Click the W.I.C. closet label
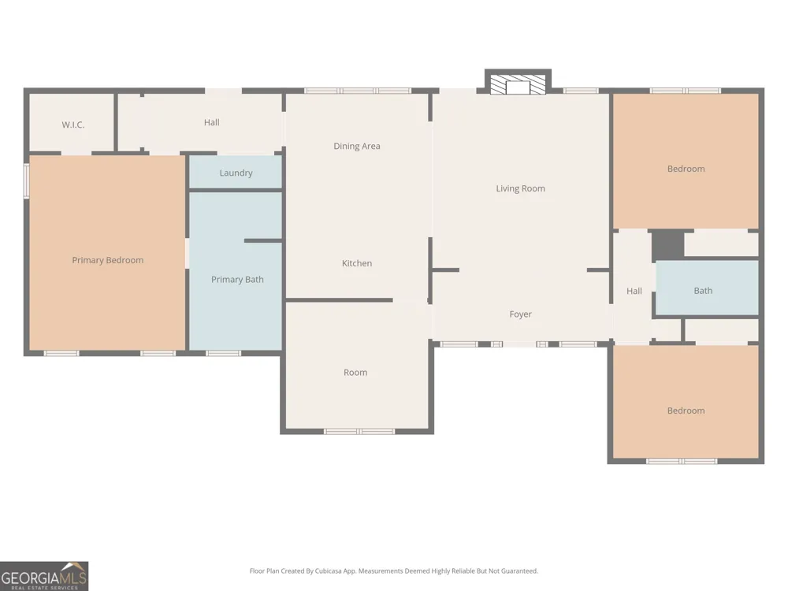[72, 125]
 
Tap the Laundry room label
[236, 173]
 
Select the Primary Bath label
[237, 280]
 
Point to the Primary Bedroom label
[107, 260]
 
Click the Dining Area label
[357, 147]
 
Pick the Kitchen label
[357, 263]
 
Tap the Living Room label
[520, 188]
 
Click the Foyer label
[520, 314]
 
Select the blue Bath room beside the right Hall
[707, 288]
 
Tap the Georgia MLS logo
[44, 576]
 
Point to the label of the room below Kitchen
[355, 373]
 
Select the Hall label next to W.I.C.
[211, 122]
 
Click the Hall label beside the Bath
[634, 291]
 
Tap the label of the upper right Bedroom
[686, 169]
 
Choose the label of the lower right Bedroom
[686, 411]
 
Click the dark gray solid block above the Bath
[668, 245]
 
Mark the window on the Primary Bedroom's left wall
[27, 180]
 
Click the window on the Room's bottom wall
[359, 431]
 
